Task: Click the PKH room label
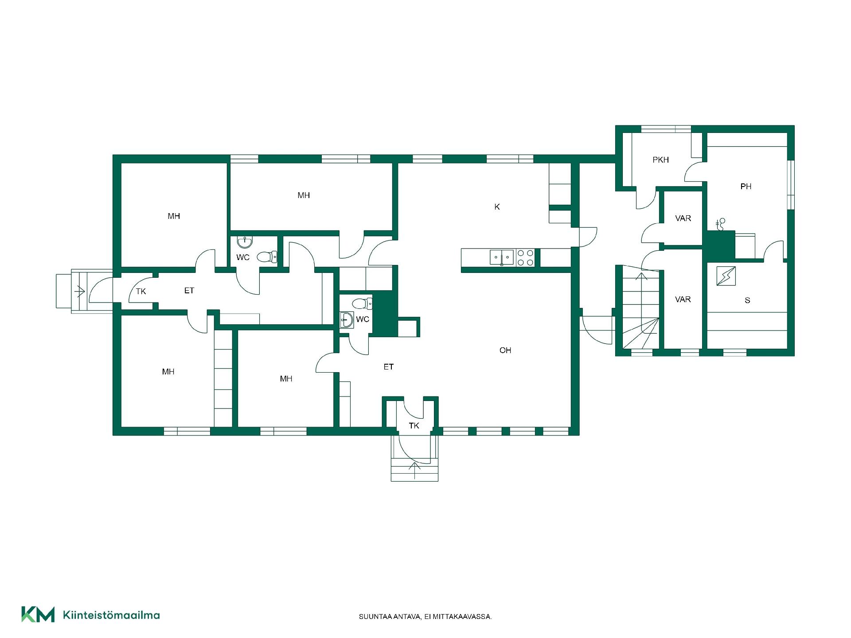pyautogui.click(x=660, y=160)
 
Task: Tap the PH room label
pyautogui.click(x=746, y=187)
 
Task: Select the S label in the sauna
pyautogui.click(x=747, y=300)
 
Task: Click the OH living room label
pyautogui.click(x=505, y=350)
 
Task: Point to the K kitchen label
pyautogui.click(x=497, y=207)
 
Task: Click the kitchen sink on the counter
pyautogui.click(x=502, y=257)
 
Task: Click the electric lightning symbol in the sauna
pyautogui.click(x=726, y=276)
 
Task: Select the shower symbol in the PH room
pyautogui.click(x=720, y=224)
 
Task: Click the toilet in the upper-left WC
pyautogui.click(x=267, y=257)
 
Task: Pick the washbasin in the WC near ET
pyautogui.click(x=347, y=319)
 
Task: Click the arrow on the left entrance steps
pyautogui.click(x=80, y=291)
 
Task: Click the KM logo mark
pyautogui.click(x=38, y=615)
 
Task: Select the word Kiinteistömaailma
pyautogui.click(x=111, y=615)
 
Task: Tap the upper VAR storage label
pyautogui.click(x=683, y=218)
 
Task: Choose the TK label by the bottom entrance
pyautogui.click(x=414, y=426)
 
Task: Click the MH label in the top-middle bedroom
pyautogui.click(x=304, y=195)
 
